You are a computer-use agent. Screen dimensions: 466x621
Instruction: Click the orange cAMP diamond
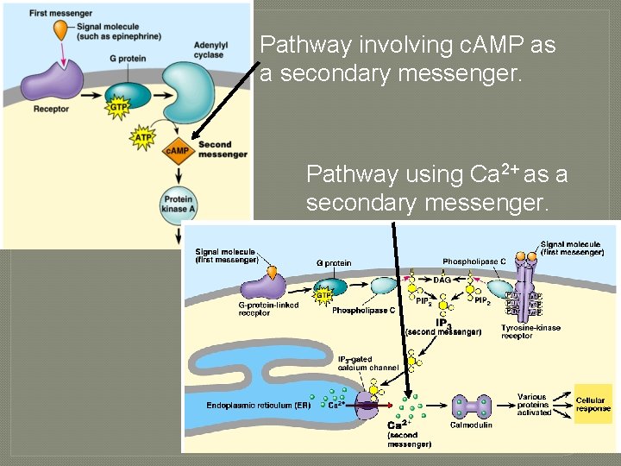[x=177, y=151]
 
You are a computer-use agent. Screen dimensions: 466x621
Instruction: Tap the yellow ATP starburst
[x=143, y=136]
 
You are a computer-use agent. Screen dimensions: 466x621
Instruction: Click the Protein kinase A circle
[x=178, y=205]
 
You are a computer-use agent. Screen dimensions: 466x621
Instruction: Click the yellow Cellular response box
[x=593, y=405]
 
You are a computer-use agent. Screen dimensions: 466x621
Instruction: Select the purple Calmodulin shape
[x=472, y=405]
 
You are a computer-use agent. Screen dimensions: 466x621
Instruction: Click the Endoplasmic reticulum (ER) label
[x=248, y=405]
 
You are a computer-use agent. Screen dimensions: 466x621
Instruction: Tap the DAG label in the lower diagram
[x=442, y=280]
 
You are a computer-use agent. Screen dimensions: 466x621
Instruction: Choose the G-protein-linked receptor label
[x=267, y=308]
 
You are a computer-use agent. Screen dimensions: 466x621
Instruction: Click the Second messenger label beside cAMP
[x=222, y=150]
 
